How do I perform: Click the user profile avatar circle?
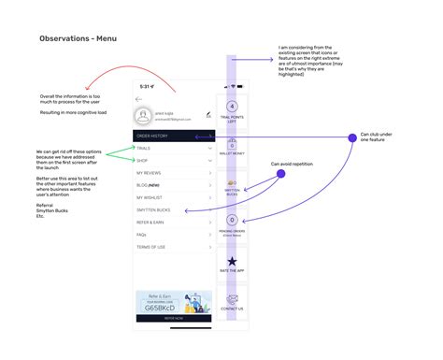tap(143, 115)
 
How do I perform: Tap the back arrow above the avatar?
tap(138, 98)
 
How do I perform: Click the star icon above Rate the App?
tap(232, 262)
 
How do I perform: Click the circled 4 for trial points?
tap(232, 107)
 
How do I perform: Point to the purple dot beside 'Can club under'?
tap(352, 137)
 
